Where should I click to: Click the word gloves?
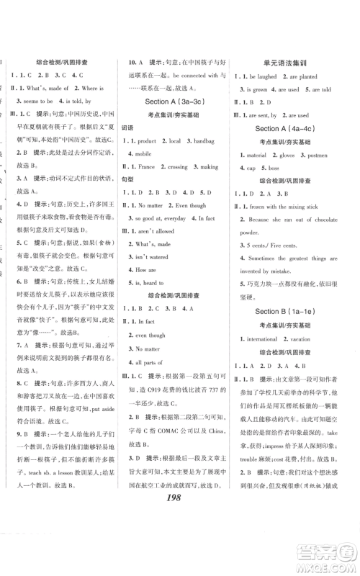coord(287,155)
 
